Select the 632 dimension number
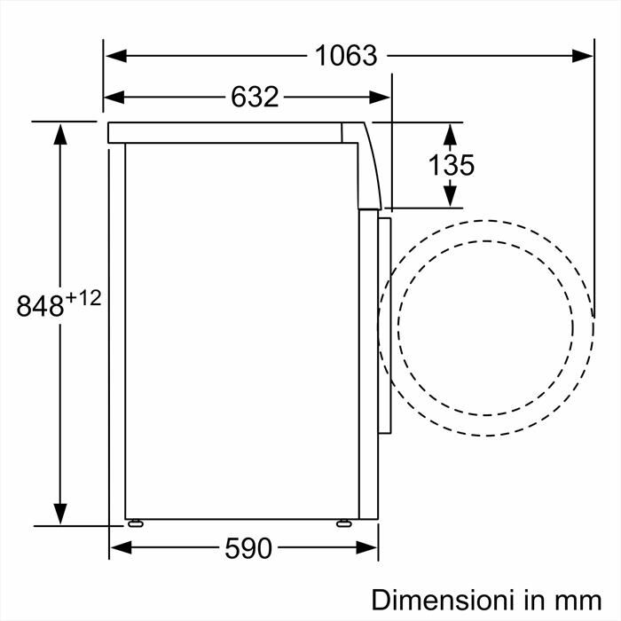pos(255,97)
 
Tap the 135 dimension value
pos(452,165)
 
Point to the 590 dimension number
pos(248,549)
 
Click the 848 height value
pos(41,306)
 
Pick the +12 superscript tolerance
pos(83,298)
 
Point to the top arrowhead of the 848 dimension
pos(60,133)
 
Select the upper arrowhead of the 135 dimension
pos(450,133)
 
